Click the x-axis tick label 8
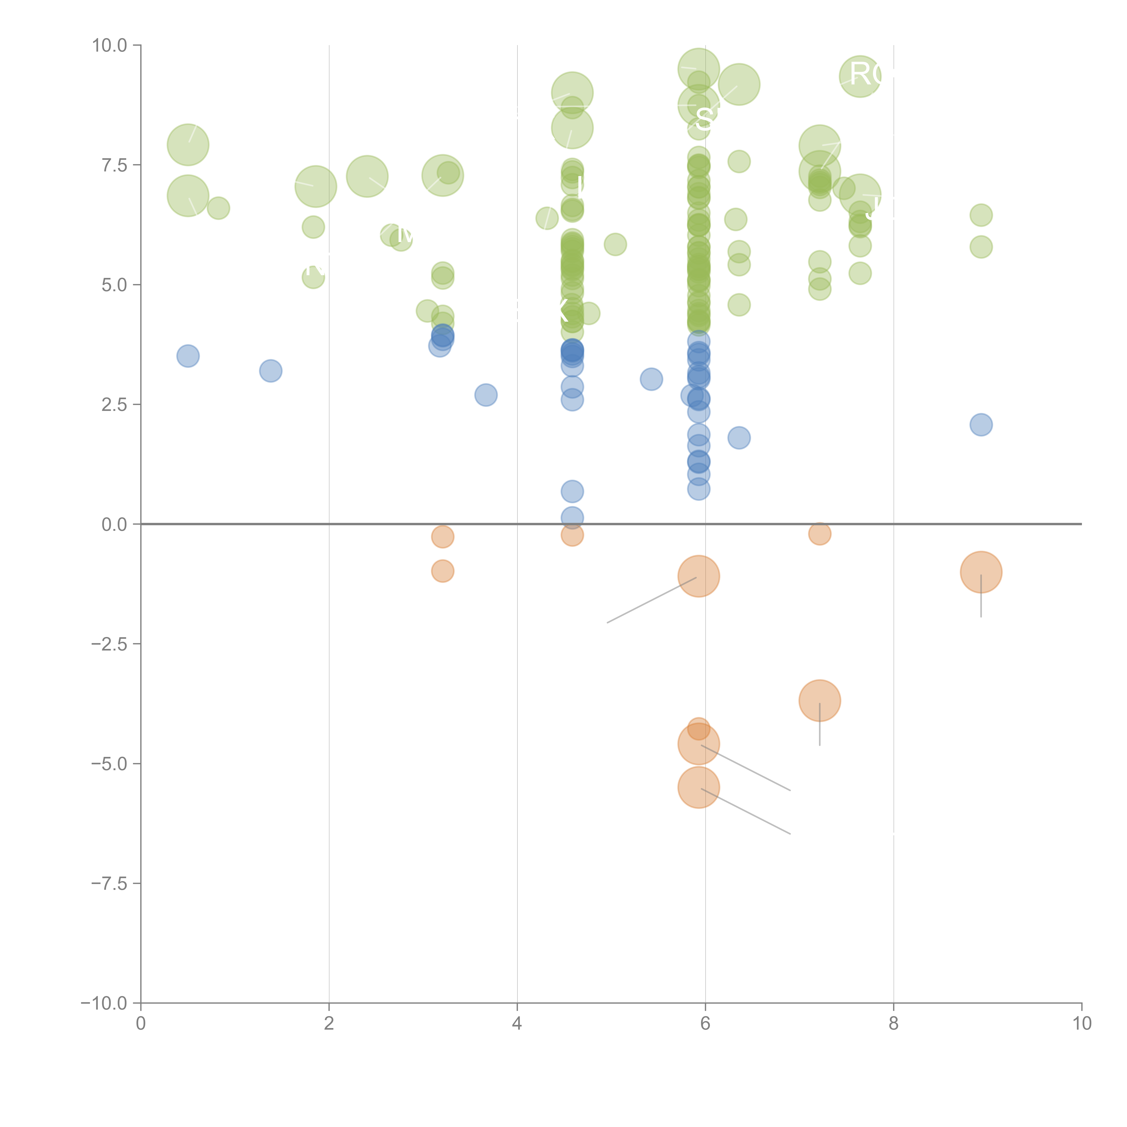pos(894,1024)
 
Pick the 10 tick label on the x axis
pos(1081,1024)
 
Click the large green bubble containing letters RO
pos(860,76)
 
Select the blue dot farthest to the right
pos(981,425)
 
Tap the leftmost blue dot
pos(188,356)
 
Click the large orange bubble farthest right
pos(981,572)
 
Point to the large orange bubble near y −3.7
pos(820,701)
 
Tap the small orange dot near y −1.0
pos(443,571)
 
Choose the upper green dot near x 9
pos(981,215)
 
